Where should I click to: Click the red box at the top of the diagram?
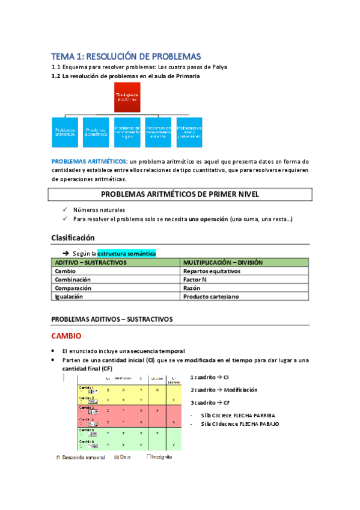tap(127, 97)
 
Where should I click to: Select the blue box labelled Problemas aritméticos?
tap(65, 132)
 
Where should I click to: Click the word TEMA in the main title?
tap(61, 56)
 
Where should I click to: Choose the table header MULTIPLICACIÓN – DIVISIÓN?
tap(222, 263)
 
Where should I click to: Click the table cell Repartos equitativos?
tap(212, 271)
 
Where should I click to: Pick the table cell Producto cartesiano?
tap(212, 296)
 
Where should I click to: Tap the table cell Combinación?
tap(73, 280)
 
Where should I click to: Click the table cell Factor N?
tap(196, 280)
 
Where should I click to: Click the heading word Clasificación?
tap(73, 238)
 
